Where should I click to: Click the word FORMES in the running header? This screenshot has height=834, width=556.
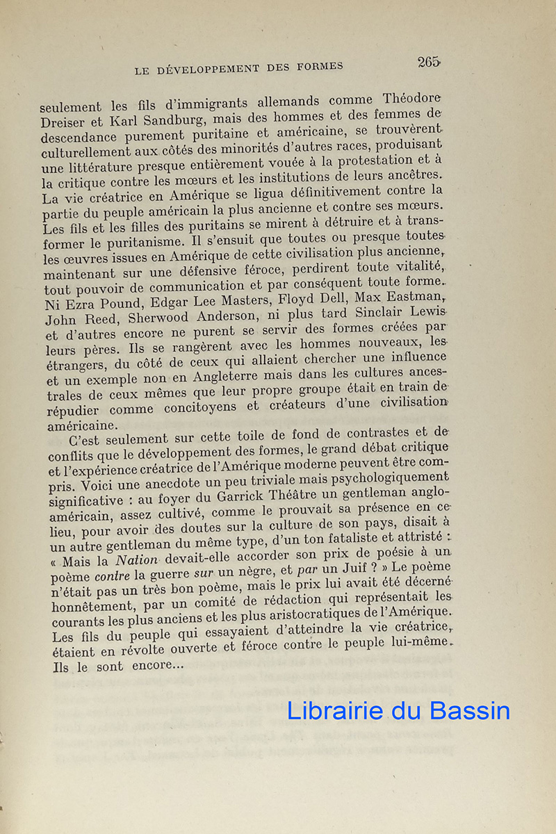pos(318,67)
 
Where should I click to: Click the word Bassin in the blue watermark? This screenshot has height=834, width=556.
pos(470,710)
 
